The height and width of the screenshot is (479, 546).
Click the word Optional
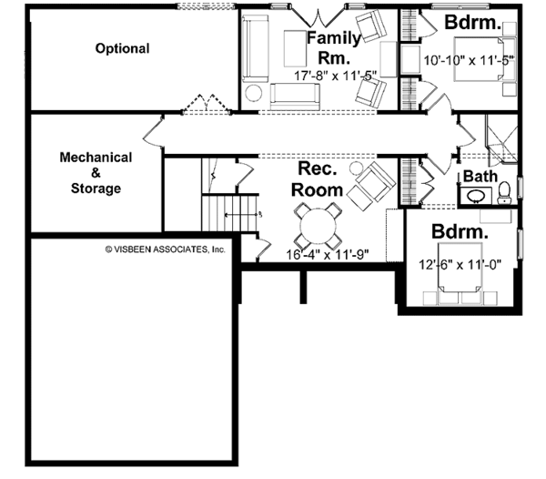[122, 48]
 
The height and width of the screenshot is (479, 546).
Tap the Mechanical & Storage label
[96, 173]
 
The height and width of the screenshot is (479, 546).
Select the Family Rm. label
[334, 47]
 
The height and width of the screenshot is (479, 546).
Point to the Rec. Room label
[318, 179]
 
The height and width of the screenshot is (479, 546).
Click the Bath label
[480, 177]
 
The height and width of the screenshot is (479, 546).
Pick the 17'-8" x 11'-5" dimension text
[336, 76]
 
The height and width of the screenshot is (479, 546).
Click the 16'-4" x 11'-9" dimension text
[328, 255]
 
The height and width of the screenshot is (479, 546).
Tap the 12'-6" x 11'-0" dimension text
[460, 265]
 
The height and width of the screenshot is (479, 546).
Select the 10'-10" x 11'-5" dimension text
[469, 60]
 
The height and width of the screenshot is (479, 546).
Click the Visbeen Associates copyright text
[165, 250]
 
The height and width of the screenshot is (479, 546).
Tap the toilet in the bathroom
[504, 193]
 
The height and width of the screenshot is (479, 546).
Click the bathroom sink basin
[474, 197]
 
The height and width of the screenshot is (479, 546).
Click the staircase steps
[230, 213]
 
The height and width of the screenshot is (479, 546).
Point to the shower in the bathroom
[501, 139]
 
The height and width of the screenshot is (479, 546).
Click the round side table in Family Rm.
[253, 93]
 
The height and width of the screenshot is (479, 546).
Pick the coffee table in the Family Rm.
[295, 48]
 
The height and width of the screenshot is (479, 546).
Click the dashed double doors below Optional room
[207, 104]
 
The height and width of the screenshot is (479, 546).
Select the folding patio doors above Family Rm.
[318, 16]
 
